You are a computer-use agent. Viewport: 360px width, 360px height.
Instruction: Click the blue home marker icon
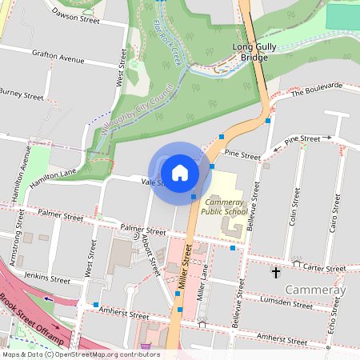tap(180, 172)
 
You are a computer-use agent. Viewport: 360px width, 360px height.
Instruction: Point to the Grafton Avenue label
tap(58, 58)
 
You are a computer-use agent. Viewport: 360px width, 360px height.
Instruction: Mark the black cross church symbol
tap(276, 273)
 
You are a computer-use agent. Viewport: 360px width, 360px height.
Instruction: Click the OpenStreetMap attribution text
tap(80, 354)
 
